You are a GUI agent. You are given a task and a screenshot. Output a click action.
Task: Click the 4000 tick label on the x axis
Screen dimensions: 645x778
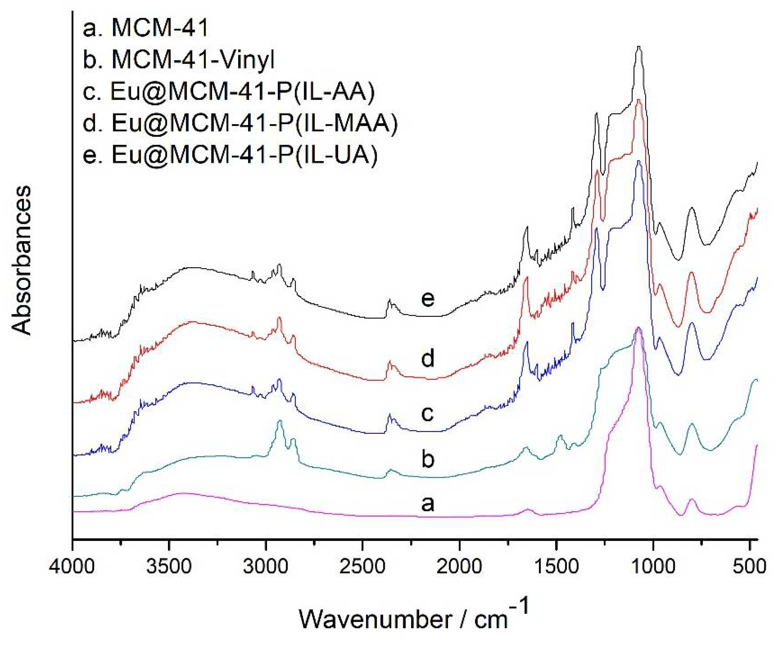point(73,567)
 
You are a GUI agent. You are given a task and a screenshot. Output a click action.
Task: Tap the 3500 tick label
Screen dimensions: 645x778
point(169,567)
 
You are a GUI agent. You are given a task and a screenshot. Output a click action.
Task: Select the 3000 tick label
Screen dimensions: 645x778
point(266,567)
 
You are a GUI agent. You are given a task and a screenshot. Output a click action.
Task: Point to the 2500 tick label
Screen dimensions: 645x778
point(363,567)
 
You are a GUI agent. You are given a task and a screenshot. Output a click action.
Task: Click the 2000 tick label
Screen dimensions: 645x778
point(459,567)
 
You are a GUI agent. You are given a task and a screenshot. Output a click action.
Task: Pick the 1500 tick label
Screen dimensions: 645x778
point(556,567)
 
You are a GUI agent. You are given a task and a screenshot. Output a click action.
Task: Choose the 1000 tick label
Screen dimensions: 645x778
point(653,567)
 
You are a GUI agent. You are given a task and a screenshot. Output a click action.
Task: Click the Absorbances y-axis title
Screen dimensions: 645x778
point(22,260)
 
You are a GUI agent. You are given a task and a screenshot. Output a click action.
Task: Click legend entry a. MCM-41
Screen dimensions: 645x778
point(145,28)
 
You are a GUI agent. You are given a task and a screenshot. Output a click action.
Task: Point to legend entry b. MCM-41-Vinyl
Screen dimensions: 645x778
point(179,60)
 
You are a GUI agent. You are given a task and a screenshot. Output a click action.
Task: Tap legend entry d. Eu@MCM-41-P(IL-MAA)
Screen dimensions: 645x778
point(240,123)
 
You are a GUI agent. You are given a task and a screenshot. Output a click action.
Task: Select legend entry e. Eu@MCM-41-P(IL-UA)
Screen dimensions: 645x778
point(230,154)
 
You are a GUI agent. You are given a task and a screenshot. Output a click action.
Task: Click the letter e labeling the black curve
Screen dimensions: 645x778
point(428,298)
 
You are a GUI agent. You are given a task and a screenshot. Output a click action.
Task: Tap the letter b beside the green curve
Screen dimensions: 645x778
point(428,459)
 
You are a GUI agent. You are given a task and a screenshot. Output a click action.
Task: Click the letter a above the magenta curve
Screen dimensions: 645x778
point(428,503)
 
